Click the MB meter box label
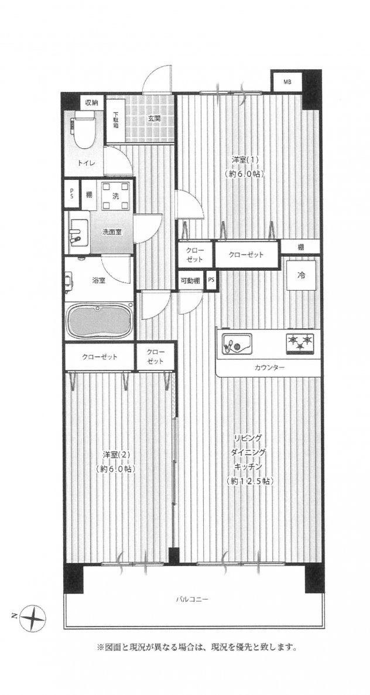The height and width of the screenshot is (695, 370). pyautogui.click(x=287, y=81)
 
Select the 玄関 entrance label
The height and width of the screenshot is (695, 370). pyautogui.click(x=153, y=118)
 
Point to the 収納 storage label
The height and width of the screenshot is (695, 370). pyautogui.click(x=91, y=103)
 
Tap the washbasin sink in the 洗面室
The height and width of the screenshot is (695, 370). pyautogui.click(x=78, y=232)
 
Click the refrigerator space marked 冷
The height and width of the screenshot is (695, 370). pyautogui.click(x=302, y=275)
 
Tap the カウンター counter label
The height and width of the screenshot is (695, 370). pyautogui.click(x=269, y=367)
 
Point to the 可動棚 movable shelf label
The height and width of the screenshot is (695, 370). pyautogui.click(x=190, y=281)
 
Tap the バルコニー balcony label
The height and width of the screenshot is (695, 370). pyautogui.click(x=192, y=599)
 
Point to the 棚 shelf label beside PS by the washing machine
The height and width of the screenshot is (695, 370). pyautogui.click(x=89, y=194)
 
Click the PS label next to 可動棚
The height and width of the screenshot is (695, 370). pyautogui.click(x=211, y=281)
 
